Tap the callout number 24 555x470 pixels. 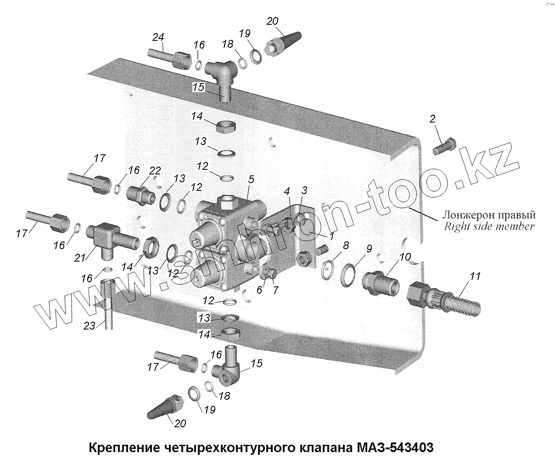(158, 37)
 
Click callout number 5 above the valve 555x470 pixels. (250, 179)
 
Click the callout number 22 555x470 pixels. (155, 171)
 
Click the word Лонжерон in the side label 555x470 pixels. (465, 215)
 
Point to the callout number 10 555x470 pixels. (405, 257)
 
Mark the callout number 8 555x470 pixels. (345, 246)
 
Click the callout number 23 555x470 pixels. (89, 326)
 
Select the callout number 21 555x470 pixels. (80, 258)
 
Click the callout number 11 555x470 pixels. (475, 276)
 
